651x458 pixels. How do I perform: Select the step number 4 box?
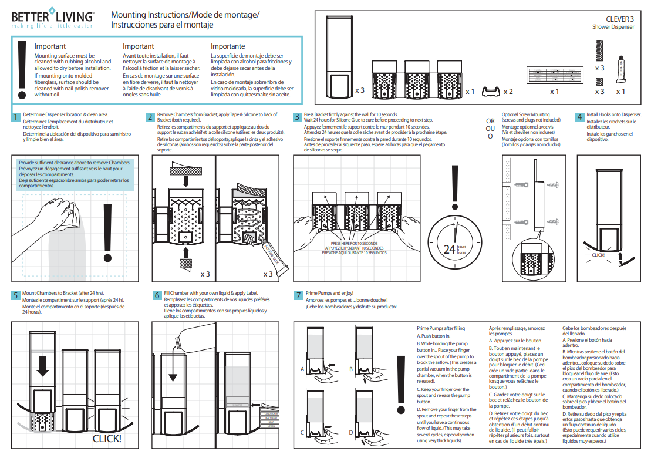(579, 116)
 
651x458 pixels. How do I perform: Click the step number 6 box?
(157, 295)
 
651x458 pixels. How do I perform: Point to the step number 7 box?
(298, 295)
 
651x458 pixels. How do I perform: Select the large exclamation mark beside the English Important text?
(23, 70)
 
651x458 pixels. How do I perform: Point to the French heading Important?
(138, 46)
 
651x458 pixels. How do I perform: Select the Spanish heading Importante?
(228, 46)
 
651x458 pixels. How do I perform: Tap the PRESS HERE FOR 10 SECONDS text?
(354, 243)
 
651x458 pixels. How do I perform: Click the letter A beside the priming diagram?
(302, 369)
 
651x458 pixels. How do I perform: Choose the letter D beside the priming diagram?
(350, 432)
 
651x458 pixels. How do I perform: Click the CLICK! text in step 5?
(107, 438)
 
